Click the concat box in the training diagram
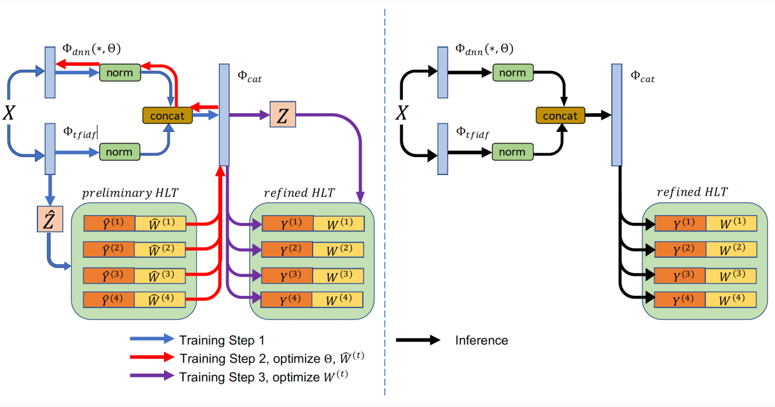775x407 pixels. click(167, 116)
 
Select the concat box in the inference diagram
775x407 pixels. click(560, 116)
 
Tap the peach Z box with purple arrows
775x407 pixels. click(283, 114)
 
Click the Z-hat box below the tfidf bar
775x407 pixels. click(50, 219)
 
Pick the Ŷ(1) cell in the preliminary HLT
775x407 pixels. click(109, 224)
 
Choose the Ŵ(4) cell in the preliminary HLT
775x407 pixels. click(160, 300)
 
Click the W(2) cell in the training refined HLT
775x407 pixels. click(338, 250)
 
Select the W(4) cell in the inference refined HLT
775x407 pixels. click(730, 300)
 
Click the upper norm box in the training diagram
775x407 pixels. click(120, 72)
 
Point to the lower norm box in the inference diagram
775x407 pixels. click(512, 152)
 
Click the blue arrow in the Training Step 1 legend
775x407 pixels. click(152, 339)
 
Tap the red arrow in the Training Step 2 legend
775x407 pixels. click(152, 357)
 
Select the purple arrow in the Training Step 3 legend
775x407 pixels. click(152, 375)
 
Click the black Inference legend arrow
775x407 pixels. click(418, 340)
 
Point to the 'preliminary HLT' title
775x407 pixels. click(130, 193)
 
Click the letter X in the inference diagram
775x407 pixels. click(402, 113)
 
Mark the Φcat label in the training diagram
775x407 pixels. click(249, 77)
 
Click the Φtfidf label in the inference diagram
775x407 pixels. click(473, 133)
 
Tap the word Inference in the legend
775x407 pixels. click(482, 340)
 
